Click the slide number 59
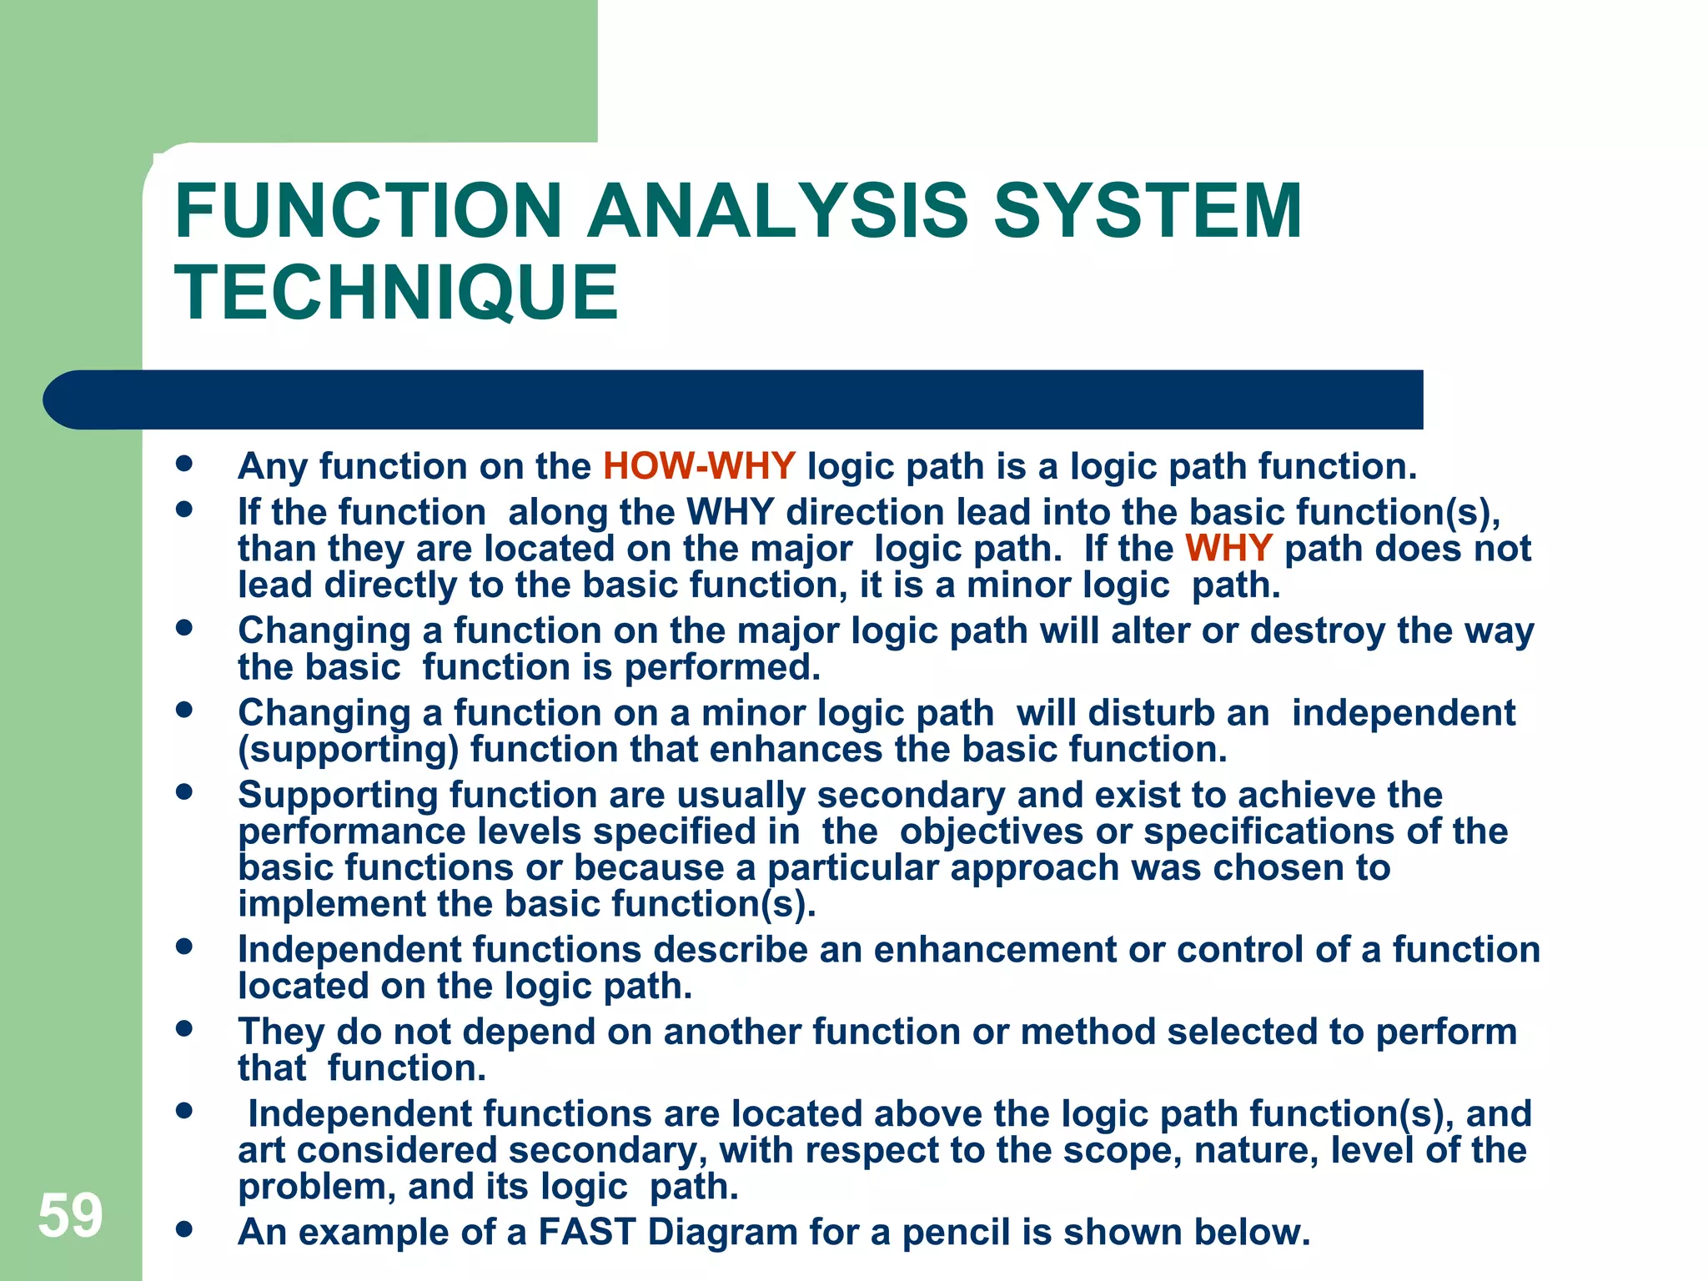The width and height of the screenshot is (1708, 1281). tap(70, 1216)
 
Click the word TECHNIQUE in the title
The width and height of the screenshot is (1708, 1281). tap(397, 292)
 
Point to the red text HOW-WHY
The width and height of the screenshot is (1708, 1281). tap(699, 466)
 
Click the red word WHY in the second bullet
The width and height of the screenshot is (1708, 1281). tap(1228, 549)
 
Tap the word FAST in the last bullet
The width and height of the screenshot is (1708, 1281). tap(587, 1232)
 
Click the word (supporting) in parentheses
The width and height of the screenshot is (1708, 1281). tap(349, 750)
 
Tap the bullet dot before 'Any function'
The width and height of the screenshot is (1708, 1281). tap(184, 464)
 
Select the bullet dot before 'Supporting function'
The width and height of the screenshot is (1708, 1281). tap(184, 791)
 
